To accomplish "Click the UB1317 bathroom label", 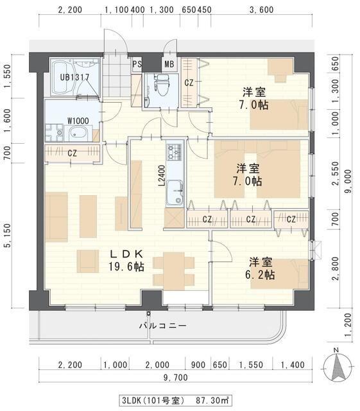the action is [74, 77].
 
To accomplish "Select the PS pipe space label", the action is [137, 64].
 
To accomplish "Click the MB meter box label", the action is [169, 64].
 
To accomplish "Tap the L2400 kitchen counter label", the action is [162, 175].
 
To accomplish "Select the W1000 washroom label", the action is [78, 121].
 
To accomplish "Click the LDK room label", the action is [126, 254].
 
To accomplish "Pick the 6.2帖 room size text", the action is [260, 275].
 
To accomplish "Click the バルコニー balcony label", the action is [163, 326].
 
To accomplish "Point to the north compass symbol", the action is [338, 365].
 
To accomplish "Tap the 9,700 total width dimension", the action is [176, 378].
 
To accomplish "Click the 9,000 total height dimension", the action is [348, 181].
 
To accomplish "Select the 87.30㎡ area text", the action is [212, 401].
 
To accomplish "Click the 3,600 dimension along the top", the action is [261, 10].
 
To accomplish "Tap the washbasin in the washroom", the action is [78, 134].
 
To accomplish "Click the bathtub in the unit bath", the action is [64, 78].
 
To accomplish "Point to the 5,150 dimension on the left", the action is [8, 235].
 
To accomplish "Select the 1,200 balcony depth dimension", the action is [348, 325].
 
